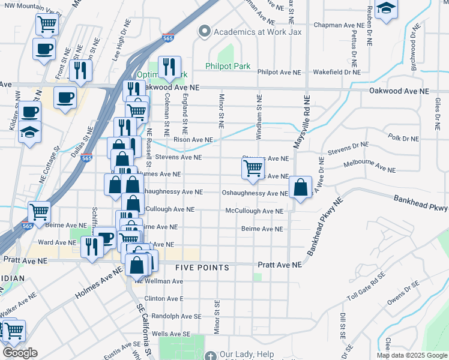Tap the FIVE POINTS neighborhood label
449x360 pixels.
pyautogui.click(x=202, y=268)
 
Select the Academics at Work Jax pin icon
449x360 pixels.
pyautogui.click(x=205, y=32)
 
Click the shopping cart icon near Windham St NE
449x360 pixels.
pyautogui.click(x=253, y=169)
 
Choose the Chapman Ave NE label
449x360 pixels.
pyautogui.click(x=339, y=26)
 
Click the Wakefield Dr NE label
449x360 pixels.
pyautogui.click(x=339, y=72)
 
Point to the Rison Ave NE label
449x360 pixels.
pyautogui.click(x=193, y=140)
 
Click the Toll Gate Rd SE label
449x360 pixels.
pyautogui.click(x=366, y=289)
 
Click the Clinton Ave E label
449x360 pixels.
pyautogui.click(x=163, y=298)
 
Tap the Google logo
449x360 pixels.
pyautogui.click(x=20, y=353)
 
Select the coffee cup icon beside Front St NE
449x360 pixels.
pyautogui.click(x=42, y=49)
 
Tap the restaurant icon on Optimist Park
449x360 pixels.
pyautogui.click(x=169, y=67)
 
